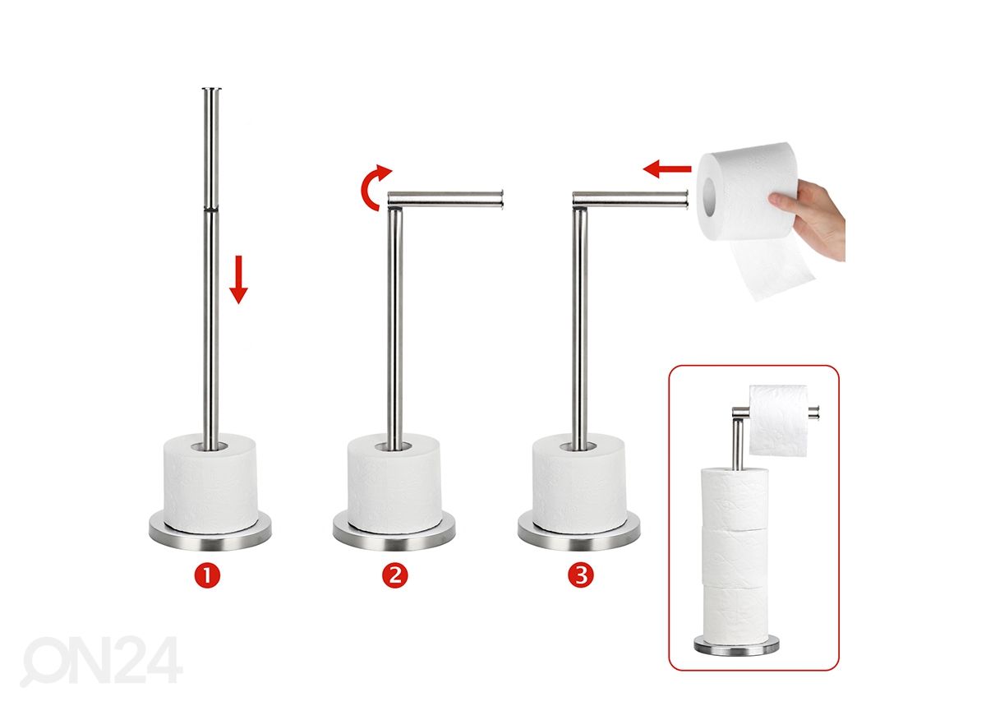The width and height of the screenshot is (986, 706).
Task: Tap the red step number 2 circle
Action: point(395,575)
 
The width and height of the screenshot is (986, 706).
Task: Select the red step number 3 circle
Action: point(581,575)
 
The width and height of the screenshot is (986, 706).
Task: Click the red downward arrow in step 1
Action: point(238,279)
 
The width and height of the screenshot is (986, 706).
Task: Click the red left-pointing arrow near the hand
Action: point(667,168)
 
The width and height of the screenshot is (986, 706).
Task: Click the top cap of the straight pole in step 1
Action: point(212,90)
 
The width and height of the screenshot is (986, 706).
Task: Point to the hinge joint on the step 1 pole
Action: point(211,208)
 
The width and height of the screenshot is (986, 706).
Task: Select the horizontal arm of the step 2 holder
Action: point(445,198)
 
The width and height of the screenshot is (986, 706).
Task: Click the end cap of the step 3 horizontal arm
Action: point(686,198)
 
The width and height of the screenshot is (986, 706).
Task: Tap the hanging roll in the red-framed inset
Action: point(778,421)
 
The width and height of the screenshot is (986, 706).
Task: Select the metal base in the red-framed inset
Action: point(735,646)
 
